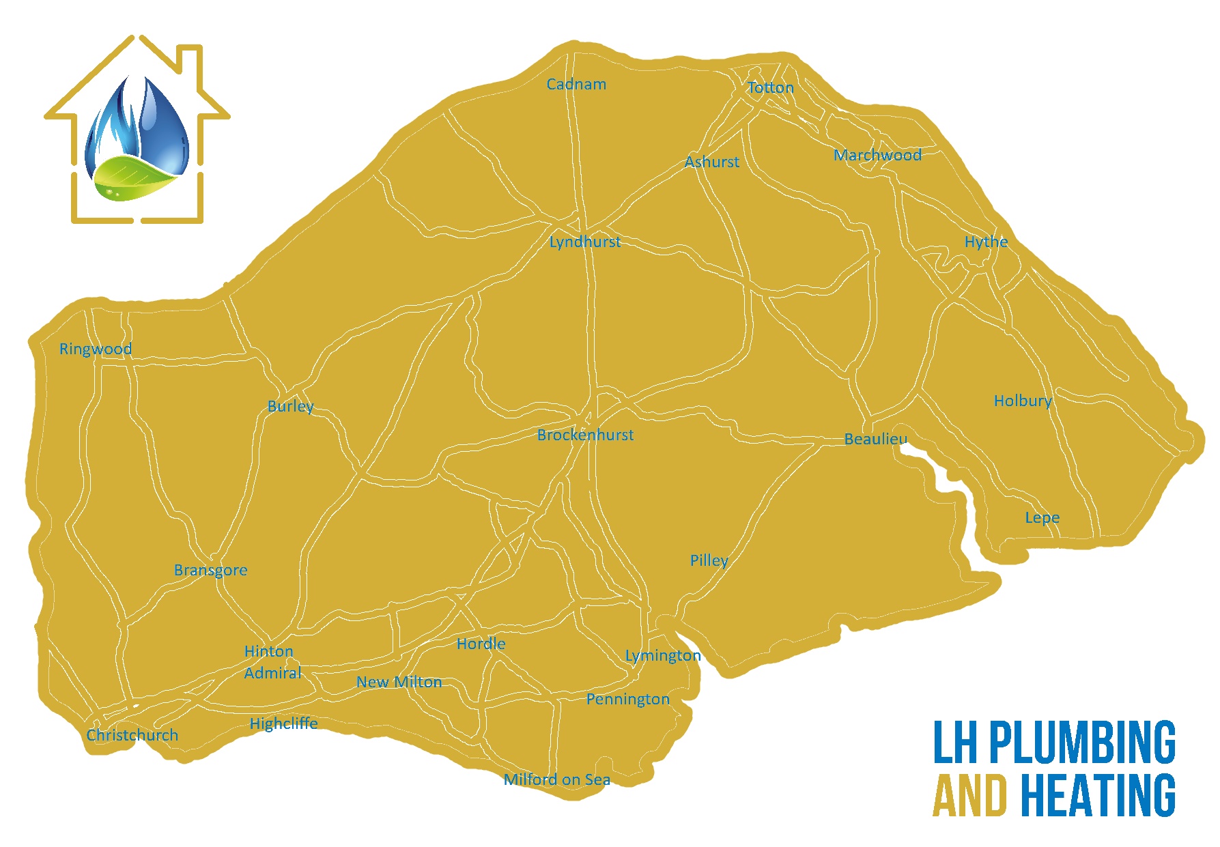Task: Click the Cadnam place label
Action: click(576, 85)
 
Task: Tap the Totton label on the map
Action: click(771, 88)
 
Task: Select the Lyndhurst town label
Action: click(585, 242)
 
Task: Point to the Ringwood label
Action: click(96, 349)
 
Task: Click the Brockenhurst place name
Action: click(585, 435)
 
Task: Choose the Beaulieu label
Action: click(876, 440)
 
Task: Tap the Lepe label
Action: click(1042, 518)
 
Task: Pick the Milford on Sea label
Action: click(557, 780)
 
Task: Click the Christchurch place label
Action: click(132, 736)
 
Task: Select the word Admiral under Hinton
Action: click(273, 674)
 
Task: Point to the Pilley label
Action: click(709, 561)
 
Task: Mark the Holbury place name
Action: click(1023, 401)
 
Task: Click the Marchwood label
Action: click(878, 156)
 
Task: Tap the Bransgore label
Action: click(211, 571)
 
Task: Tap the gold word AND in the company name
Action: click(969, 796)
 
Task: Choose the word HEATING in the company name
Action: click(1098, 796)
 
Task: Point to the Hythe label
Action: click(986, 242)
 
